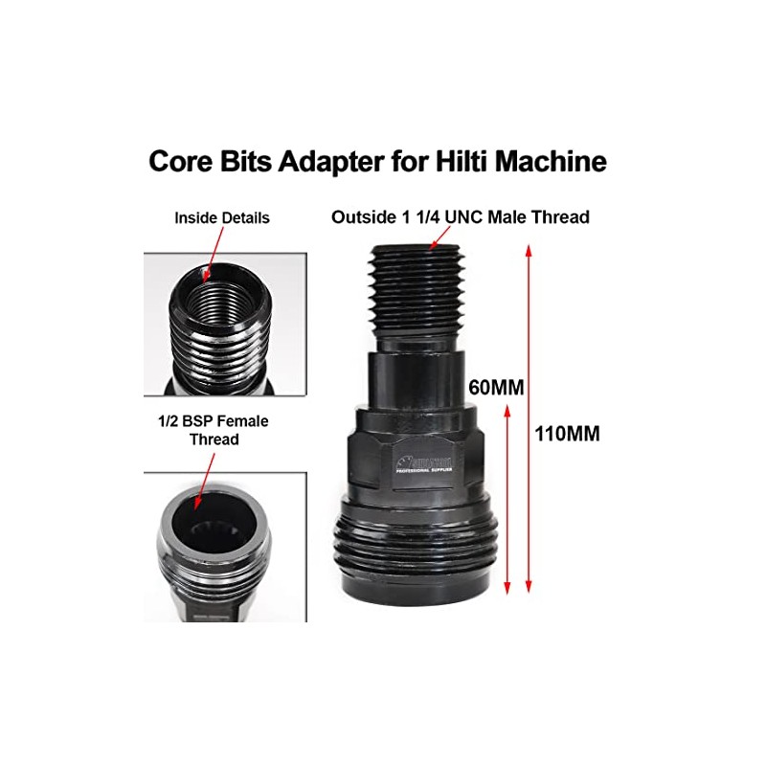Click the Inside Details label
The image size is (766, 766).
[221, 218]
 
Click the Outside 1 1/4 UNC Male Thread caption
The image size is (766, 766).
[460, 217]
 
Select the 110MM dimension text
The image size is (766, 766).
[568, 433]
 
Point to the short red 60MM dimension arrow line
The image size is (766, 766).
[506, 498]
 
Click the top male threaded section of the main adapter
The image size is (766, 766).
[418, 292]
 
